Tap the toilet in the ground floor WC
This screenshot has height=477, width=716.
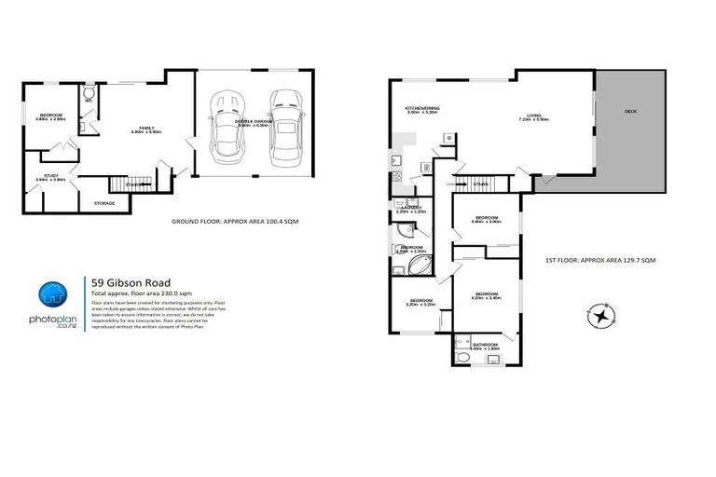point(89,94)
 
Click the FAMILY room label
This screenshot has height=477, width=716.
point(146,127)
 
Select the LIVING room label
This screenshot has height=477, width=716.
point(533,116)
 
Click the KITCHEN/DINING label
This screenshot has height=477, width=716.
point(421,109)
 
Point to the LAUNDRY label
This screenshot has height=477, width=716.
point(410,208)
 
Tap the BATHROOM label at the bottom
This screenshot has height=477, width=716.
point(486,345)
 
